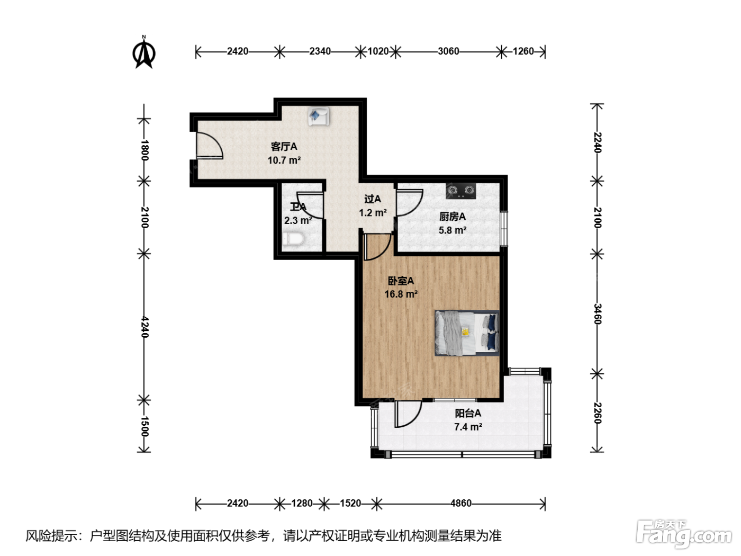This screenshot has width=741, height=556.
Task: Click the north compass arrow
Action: (x=144, y=53)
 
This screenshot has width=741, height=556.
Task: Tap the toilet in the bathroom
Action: (x=293, y=239)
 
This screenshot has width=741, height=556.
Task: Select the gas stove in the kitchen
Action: (x=461, y=191)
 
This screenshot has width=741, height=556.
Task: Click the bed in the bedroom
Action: (x=467, y=333)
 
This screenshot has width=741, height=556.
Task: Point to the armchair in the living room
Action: (x=318, y=116)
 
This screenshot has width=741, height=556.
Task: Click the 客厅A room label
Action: (x=284, y=147)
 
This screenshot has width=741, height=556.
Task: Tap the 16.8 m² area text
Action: (x=401, y=294)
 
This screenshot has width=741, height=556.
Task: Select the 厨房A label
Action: (x=453, y=217)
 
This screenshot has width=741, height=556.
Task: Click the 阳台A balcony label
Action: (x=468, y=413)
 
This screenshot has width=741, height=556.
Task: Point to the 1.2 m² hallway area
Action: (x=373, y=213)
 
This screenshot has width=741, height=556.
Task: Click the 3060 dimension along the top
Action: (x=448, y=51)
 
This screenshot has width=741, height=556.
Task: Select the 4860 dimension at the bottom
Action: (x=461, y=504)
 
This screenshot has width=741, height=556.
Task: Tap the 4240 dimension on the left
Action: (x=144, y=327)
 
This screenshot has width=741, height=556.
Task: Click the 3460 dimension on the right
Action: (x=597, y=313)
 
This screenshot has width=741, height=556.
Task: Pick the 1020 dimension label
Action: (x=378, y=51)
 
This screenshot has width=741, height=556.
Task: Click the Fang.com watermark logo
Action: (x=684, y=533)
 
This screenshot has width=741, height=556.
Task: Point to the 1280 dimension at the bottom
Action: (x=302, y=504)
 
